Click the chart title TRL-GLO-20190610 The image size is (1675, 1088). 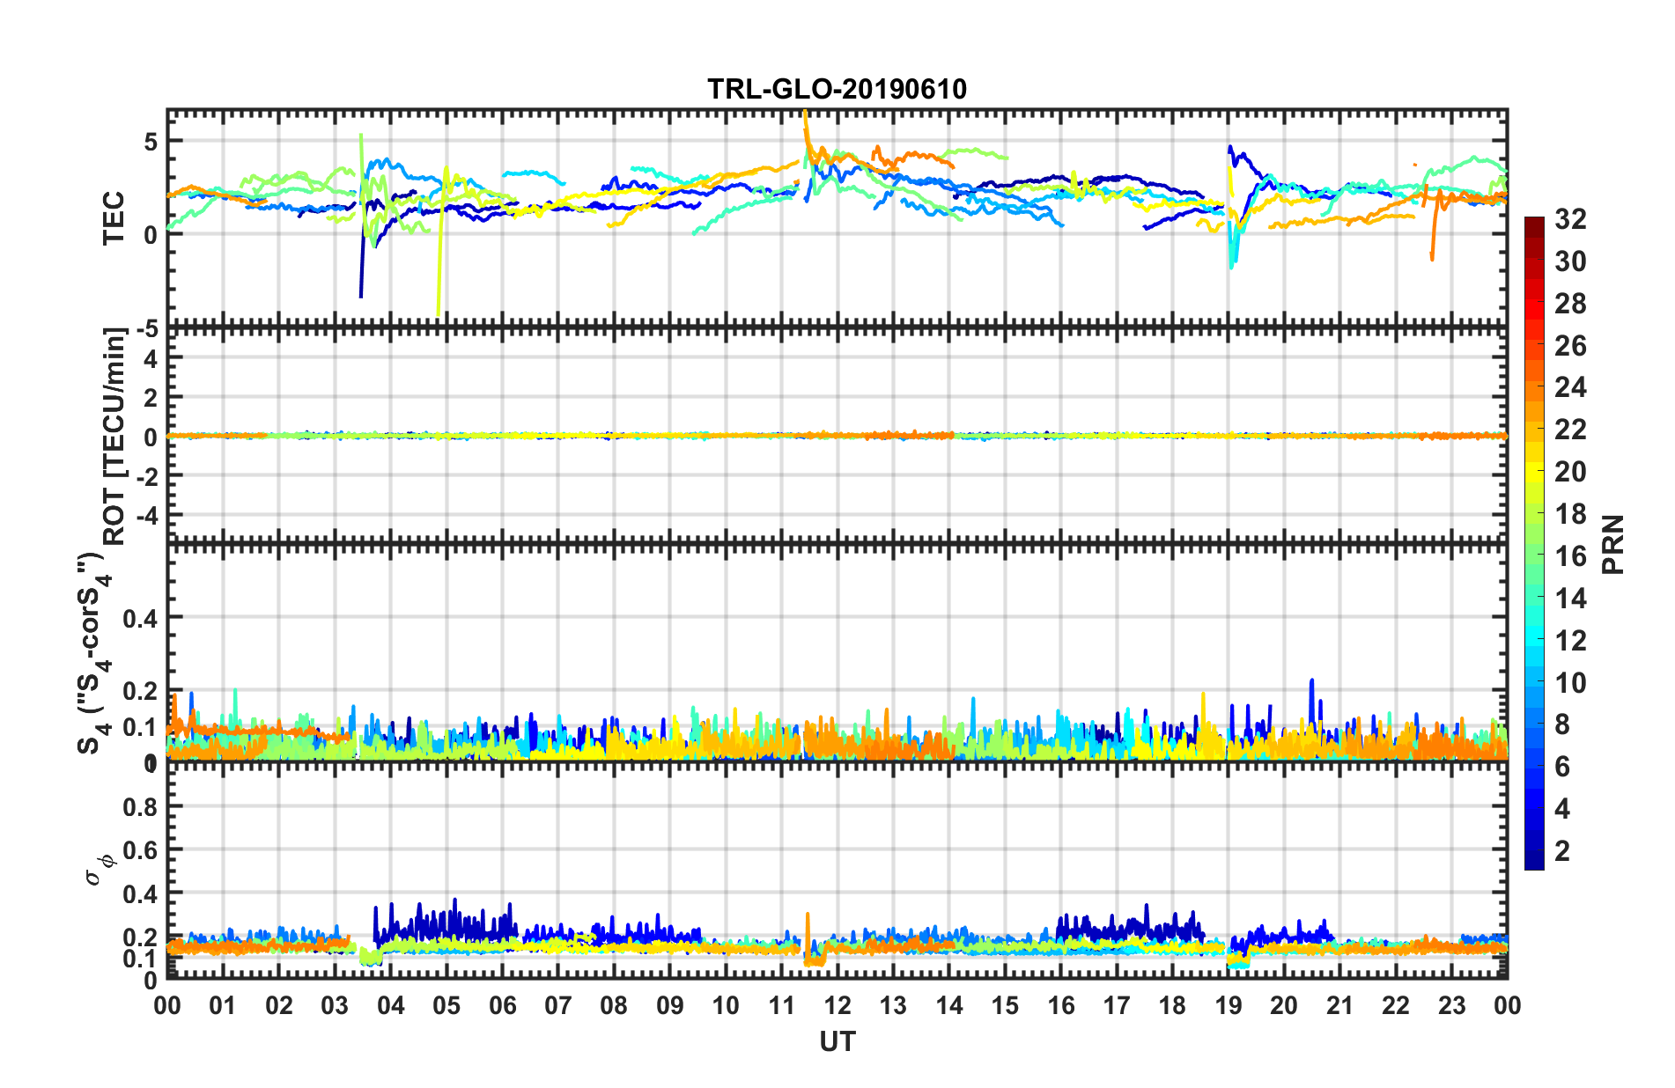coord(837,89)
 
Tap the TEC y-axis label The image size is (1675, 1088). coord(114,218)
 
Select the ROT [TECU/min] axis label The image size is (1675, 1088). coord(114,437)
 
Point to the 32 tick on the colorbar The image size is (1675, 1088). coord(1569,219)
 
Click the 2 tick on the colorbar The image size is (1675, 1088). coord(1562,850)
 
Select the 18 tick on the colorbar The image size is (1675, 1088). coord(1569,514)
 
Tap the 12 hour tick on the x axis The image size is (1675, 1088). coord(837,1005)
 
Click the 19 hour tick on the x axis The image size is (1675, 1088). coord(1229,1005)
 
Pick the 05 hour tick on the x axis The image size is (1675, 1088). coord(446,1005)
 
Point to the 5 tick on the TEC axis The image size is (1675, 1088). coord(151,142)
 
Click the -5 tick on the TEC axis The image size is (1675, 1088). coord(147,329)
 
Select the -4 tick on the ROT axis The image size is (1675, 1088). coord(147,513)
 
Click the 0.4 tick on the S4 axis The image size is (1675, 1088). coord(140,618)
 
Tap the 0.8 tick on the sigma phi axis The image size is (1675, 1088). coord(140,806)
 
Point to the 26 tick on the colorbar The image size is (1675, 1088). coord(1569,346)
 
